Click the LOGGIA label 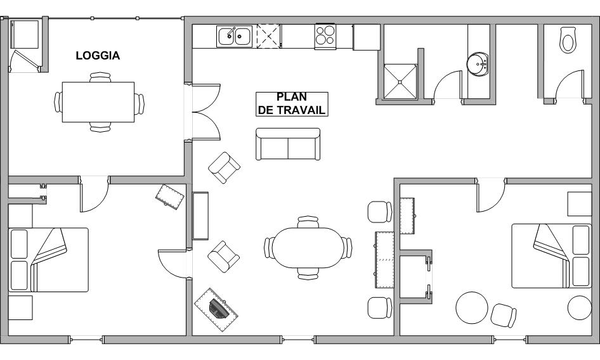click(x=98, y=56)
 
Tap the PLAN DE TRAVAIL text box click(x=292, y=104)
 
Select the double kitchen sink click(x=234, y=36)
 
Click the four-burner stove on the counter click(x=325, y=35)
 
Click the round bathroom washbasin click(x=477, y=64)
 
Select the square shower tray click(x=400, y=82)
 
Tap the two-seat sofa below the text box click(x=288, y=144)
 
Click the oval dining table click(x=308, y=248)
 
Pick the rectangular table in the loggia click(x=98, y=102)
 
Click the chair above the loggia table click(x=100, y=77)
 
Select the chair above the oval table click(x=308, y=222)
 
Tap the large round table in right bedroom click(x=472, y=307)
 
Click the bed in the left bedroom click(x=48, y=260)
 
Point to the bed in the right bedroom click(x=552, y=256)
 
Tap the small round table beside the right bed click(x=580, y=307)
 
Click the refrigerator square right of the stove click(x=367, y=37)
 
